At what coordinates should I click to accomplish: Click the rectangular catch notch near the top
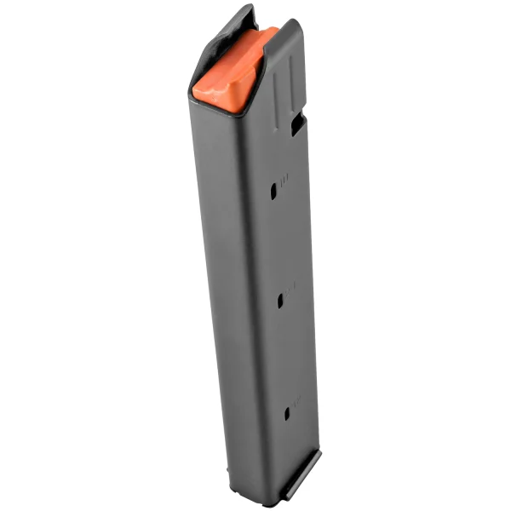pos(296,125)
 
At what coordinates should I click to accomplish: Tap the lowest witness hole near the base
pos(288,412)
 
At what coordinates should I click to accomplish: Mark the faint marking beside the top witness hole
pos(284,179)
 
